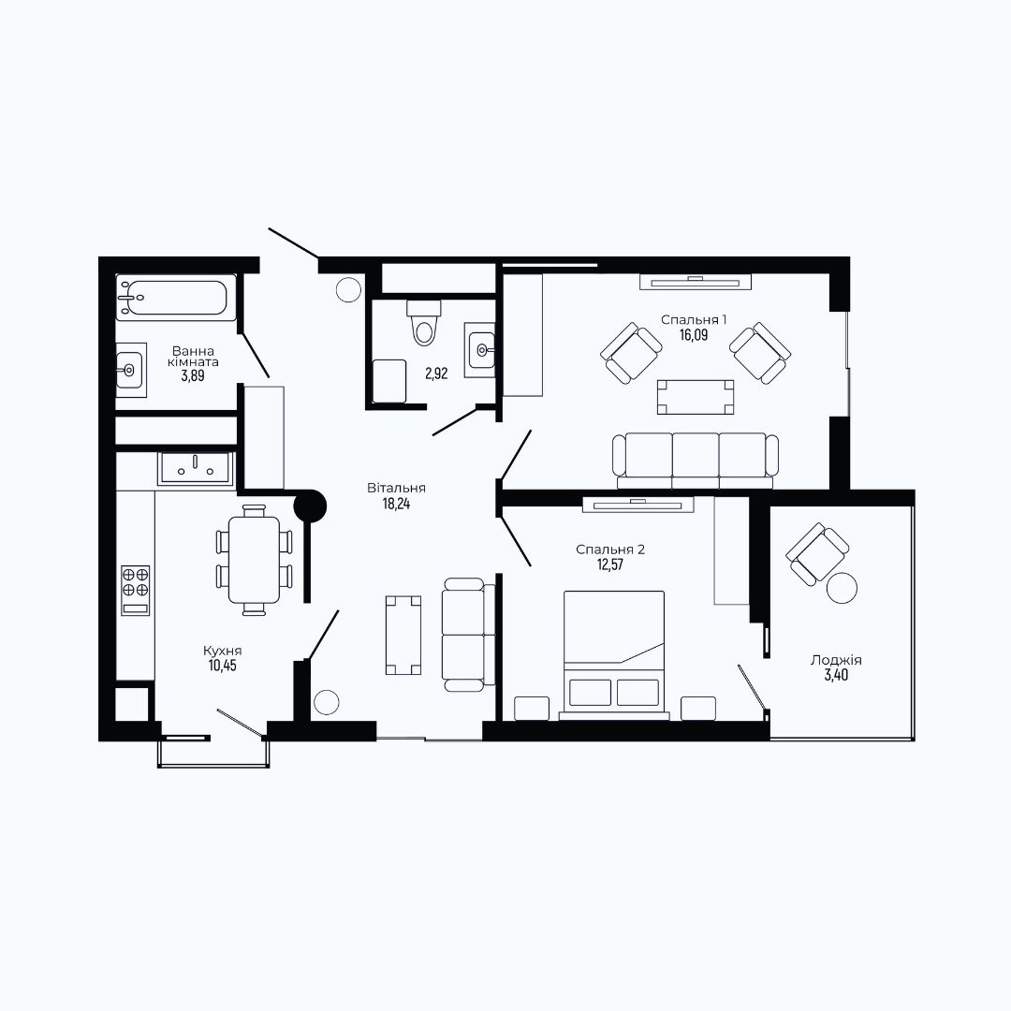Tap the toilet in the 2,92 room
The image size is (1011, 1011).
[424, 323]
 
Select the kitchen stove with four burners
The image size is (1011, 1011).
[136, 590]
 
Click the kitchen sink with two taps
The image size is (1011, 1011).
[196, 468]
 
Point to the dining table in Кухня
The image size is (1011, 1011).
[254, 560]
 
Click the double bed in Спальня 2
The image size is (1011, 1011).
[614, 654]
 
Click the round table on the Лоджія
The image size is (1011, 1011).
[842, 588]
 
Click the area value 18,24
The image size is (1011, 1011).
[397, 504]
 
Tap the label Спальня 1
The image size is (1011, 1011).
[694, 320]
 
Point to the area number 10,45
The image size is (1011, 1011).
[222, 666]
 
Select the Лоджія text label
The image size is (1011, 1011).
[836, 660]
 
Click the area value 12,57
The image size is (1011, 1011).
[610, 565]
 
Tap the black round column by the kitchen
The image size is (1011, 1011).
[310, 506]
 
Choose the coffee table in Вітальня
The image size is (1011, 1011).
[403, 636]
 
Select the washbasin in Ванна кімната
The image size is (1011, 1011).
[130, 370]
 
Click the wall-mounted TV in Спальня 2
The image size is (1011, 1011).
[637, 505]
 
